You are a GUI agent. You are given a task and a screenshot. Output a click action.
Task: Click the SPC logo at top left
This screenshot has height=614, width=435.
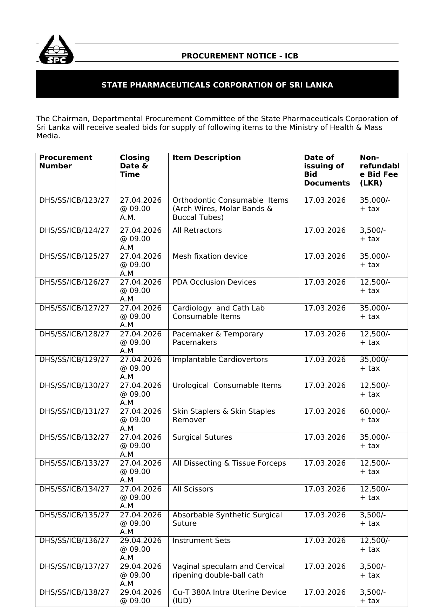click(x=56, y=50)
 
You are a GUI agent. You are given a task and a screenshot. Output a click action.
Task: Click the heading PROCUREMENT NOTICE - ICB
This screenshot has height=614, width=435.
click(x=240, y=56)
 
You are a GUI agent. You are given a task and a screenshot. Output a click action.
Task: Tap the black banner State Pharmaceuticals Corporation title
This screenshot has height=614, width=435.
click(x=217, y=85)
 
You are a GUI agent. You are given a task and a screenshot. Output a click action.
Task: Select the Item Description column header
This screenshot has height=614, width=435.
click(x=206, y=158)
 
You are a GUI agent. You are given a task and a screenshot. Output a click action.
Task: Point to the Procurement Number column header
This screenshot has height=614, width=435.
click(x=66, y=162)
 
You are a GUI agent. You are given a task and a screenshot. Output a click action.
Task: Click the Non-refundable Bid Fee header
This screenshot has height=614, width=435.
click(x=379, y=170)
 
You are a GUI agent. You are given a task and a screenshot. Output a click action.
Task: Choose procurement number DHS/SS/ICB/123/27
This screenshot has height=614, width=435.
click(x=74, y=200)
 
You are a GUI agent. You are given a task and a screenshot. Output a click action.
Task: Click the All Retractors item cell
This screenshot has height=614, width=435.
click(x=197, y=230)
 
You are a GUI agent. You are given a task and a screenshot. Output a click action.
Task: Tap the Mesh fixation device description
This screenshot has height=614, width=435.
click(x=210, y=256)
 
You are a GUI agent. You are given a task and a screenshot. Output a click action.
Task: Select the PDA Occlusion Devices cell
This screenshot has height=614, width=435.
click(x=214, y=282)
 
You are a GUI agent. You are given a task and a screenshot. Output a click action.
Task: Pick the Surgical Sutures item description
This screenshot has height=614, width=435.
click(x=202, y=437)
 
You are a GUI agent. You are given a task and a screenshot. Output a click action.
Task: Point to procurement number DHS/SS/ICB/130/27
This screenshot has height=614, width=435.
click(x=74, y=385)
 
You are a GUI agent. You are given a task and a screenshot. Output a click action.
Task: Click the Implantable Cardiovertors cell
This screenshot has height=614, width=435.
click(x=220, y=360)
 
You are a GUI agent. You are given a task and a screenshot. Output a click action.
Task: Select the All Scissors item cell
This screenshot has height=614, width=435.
click(x=193, y=489)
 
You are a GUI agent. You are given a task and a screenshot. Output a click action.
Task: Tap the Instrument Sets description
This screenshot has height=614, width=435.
click(x=202, y=540)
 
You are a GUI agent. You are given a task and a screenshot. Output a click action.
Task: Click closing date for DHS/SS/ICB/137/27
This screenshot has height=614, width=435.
click(x=141, y=575)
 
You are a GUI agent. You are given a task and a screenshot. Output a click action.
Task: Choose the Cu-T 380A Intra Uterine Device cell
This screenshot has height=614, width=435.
click(x=229, y=596)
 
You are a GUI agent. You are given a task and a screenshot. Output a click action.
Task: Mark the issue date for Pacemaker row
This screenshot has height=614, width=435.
click(x=325, y=334)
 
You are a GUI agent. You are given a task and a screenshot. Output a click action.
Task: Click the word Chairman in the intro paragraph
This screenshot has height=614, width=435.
click(x=71, y=119)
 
